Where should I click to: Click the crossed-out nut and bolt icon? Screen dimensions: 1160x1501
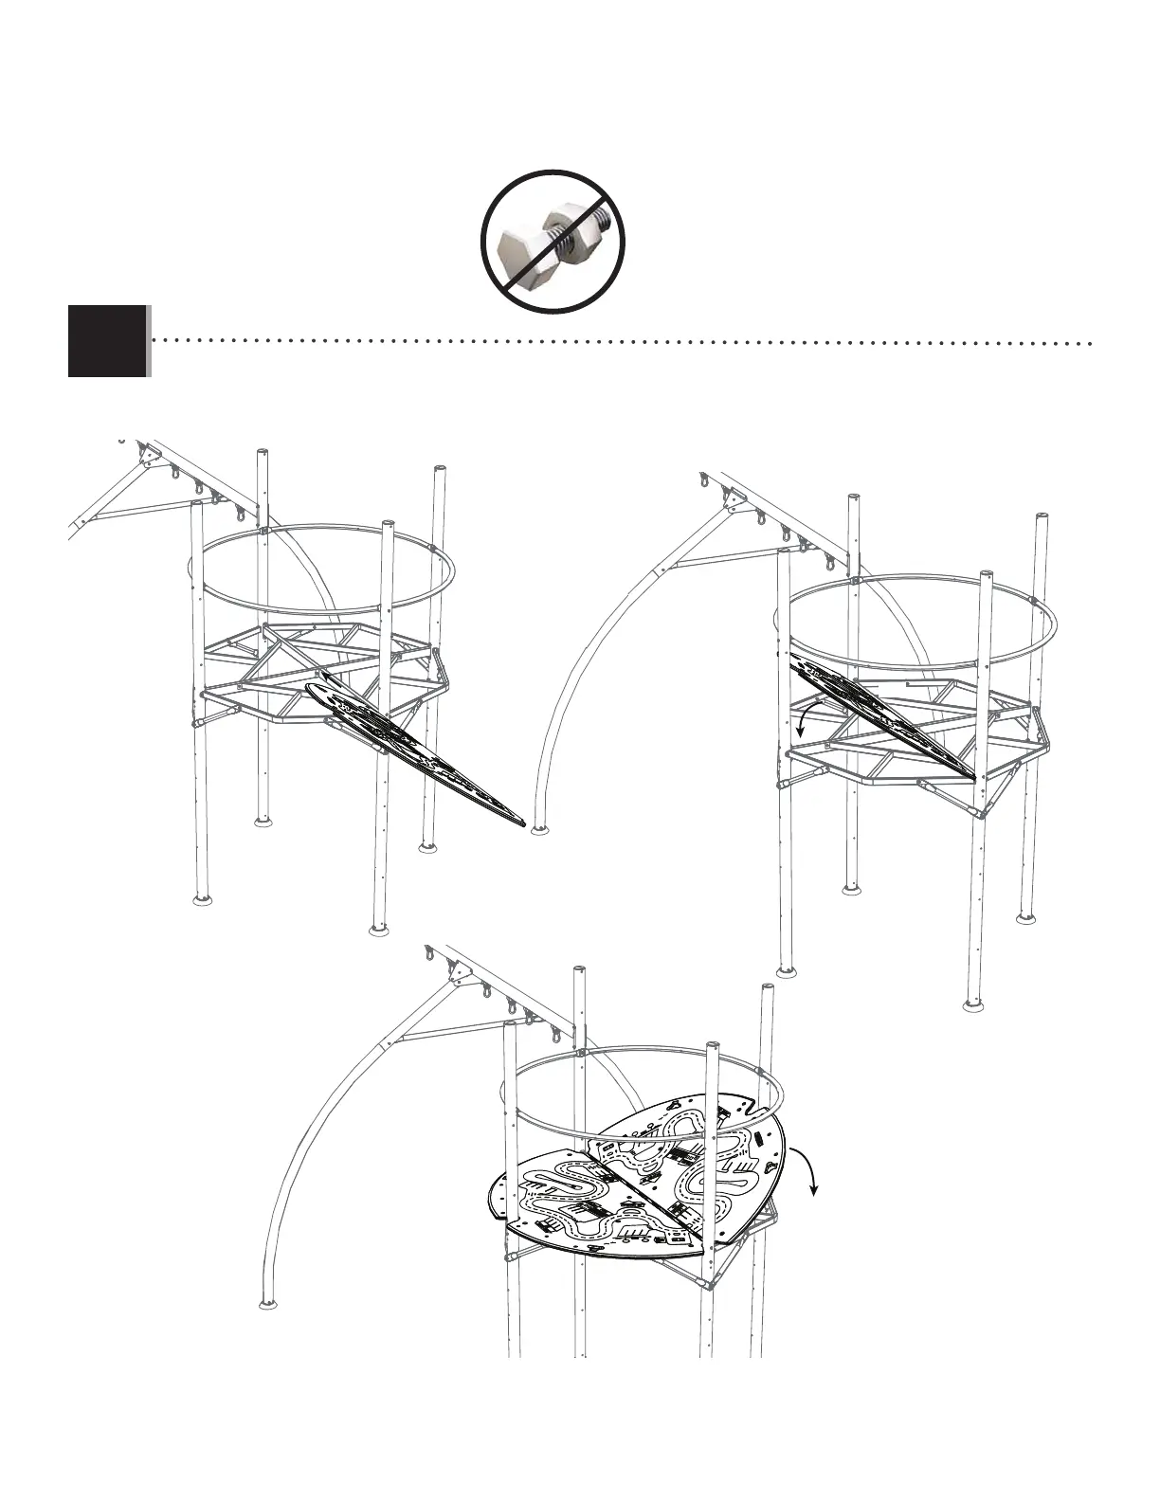[x=553, y=242]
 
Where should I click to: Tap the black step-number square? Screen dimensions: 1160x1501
[x=107, y=341]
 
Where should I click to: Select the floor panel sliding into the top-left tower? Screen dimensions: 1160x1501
[x=417, y=749]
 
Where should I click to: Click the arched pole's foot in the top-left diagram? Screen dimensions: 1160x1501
[x=539, y=830]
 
